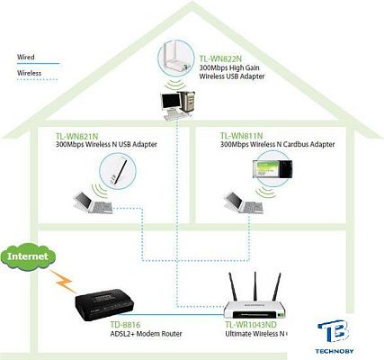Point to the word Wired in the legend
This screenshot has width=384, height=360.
pos(26,56)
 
